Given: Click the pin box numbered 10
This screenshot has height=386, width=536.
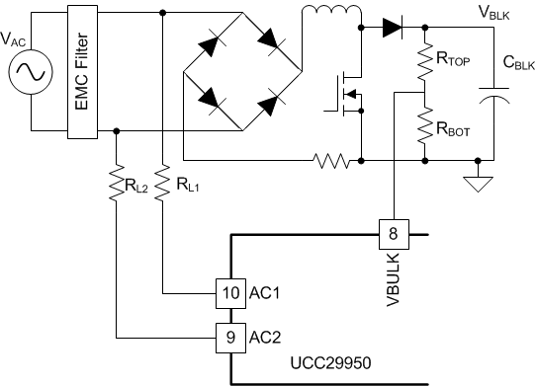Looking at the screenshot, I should point(230,293).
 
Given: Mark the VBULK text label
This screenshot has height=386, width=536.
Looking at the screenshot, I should point(393,279).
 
